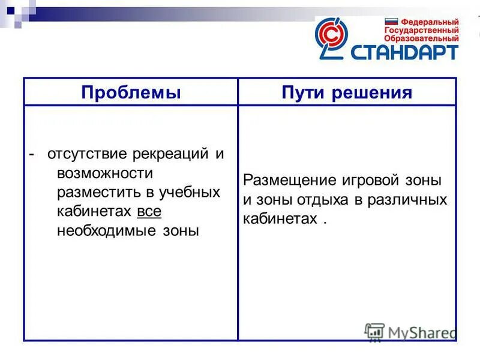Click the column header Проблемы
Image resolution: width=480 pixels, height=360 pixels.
coord(131,92)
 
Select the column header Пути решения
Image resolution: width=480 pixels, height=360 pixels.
coord(347,92)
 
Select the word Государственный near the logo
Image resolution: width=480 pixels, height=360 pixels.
coord(422,29)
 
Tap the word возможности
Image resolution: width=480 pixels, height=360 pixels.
coord(106,173)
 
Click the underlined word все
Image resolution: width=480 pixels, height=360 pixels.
coord(149,211)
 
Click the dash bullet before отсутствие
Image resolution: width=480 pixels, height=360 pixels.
coord(32,154)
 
